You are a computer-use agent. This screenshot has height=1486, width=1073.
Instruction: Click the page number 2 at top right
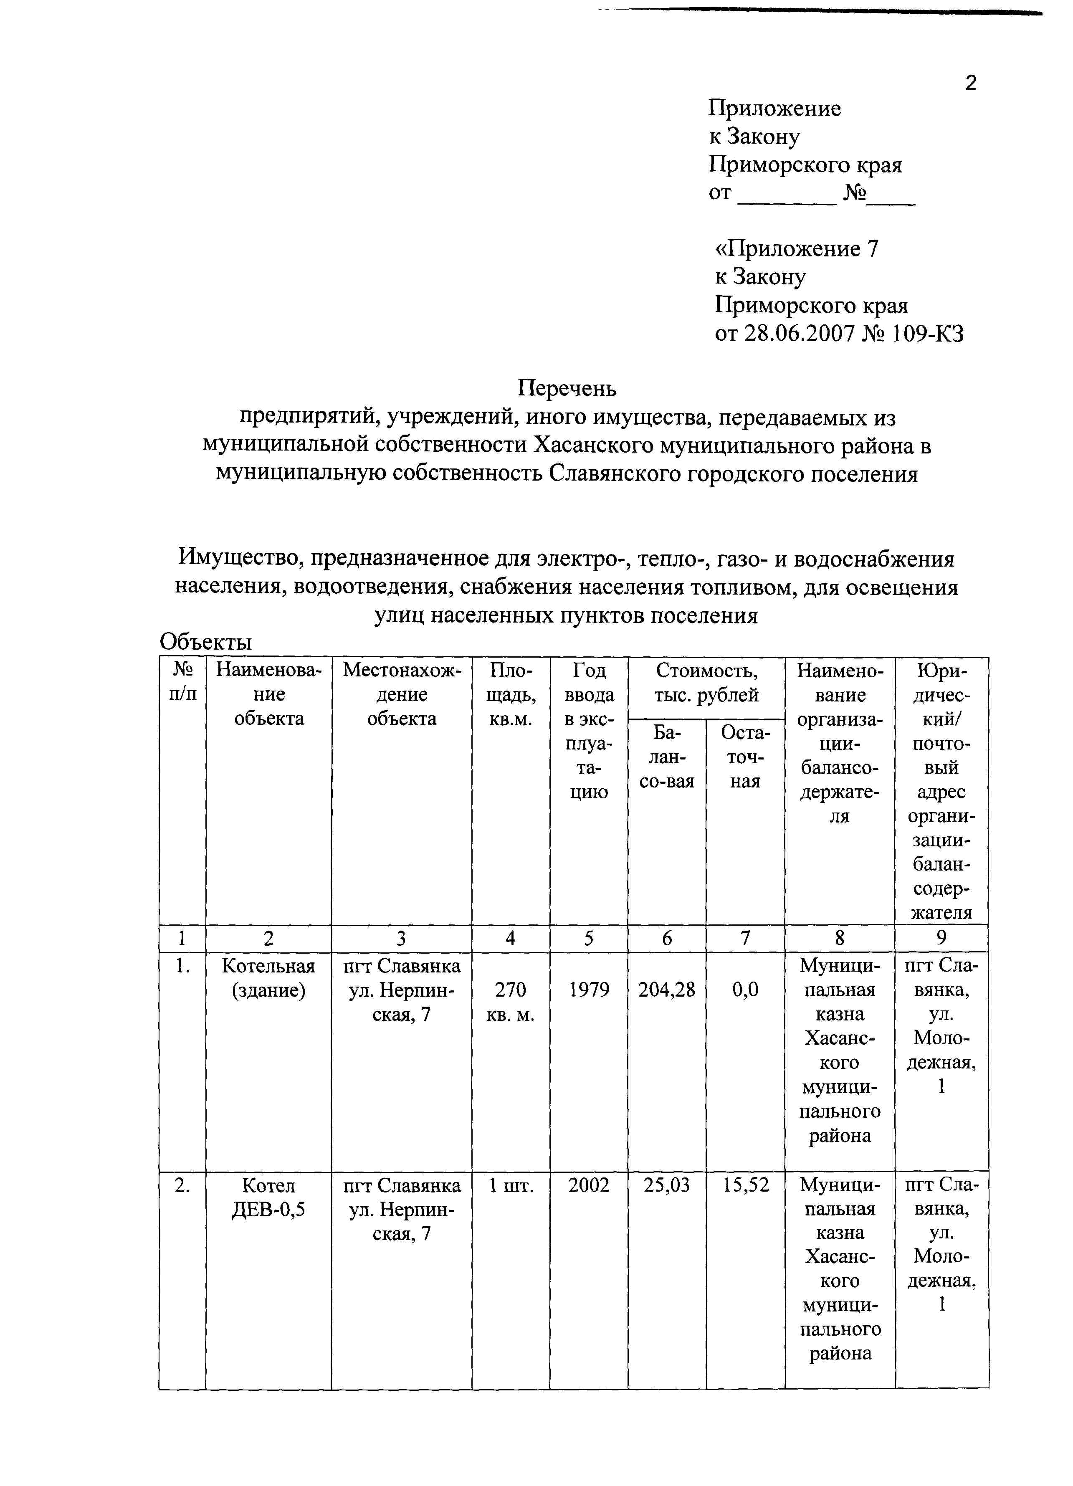970,83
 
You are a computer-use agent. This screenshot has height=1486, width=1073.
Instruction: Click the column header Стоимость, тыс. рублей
706,682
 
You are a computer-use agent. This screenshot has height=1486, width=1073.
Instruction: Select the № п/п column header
183,682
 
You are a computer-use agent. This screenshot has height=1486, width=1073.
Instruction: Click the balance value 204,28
666,990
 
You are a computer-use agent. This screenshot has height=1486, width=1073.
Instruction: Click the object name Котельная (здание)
268,977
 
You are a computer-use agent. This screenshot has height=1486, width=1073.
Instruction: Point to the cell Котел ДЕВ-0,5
268,1197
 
